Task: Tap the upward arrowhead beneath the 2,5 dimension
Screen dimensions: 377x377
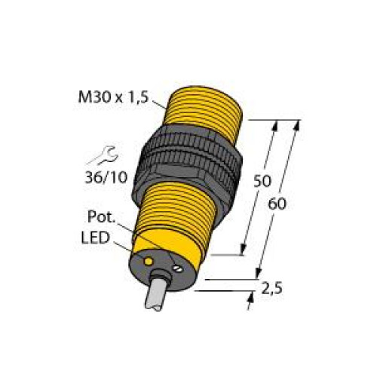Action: pyautogui.click(x=250, y=298)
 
